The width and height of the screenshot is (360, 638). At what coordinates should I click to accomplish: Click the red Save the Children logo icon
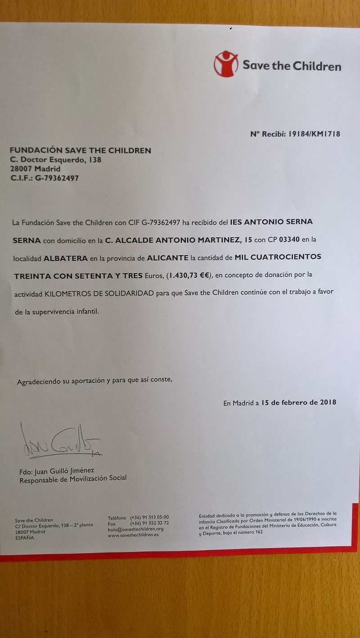coord(226,64)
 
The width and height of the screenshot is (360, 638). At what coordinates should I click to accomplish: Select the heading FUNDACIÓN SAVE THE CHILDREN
coord(81,150)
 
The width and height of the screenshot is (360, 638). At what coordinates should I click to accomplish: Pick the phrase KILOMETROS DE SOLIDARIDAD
coord(100,292)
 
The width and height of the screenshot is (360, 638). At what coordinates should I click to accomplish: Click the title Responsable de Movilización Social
coord(73,479)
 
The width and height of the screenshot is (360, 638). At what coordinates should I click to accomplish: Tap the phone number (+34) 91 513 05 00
coord(149,517)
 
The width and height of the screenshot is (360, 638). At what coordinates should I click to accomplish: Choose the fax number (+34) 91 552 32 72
coord(149,523)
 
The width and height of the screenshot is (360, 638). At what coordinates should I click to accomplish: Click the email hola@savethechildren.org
coord(135,529)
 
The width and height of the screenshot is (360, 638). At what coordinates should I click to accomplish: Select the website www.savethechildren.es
coord(133,535)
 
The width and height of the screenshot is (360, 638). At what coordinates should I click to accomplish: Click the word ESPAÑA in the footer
coord(24,538)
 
